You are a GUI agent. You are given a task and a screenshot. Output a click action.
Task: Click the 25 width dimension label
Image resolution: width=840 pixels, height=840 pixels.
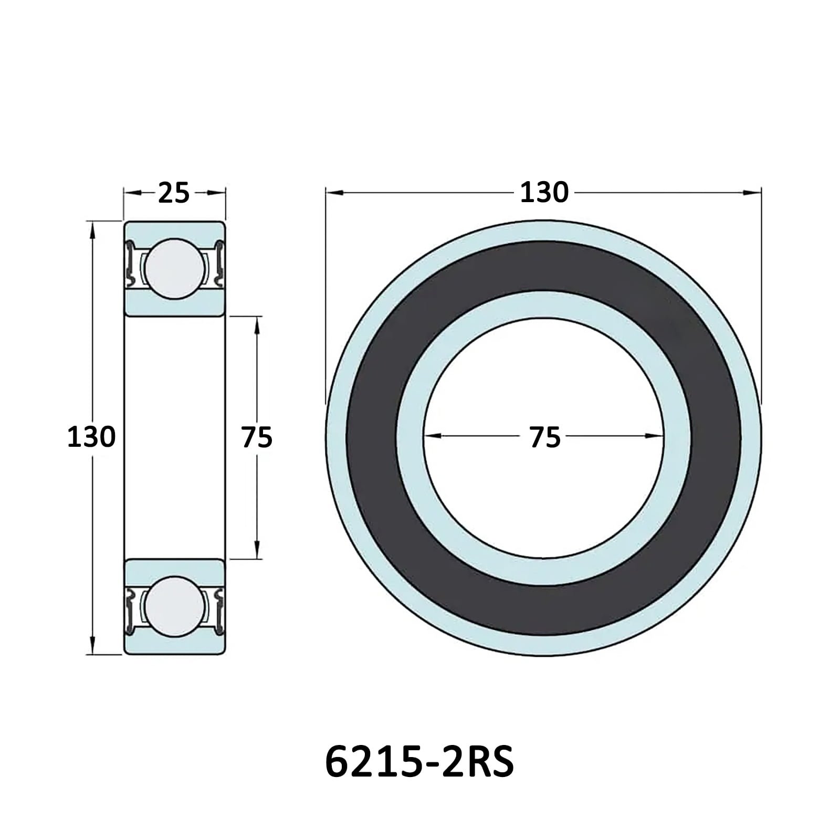(174, 193)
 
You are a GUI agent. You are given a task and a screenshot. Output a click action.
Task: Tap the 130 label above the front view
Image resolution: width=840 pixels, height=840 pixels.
(544, 192)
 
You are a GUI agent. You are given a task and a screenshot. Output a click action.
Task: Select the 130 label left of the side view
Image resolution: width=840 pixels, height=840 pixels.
(91, 437)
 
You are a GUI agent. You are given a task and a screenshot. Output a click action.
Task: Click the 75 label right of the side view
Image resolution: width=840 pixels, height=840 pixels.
(257, 437)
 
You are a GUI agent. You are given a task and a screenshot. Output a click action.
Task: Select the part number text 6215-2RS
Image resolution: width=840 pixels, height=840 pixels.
(419, 762)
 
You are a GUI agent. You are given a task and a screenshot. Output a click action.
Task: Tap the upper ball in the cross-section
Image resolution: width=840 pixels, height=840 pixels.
(175, 269)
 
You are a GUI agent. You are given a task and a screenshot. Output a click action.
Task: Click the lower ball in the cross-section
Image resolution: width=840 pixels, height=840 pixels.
(175, 606)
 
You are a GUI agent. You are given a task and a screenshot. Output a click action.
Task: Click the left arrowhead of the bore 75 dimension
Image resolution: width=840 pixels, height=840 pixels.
(432, 436)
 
